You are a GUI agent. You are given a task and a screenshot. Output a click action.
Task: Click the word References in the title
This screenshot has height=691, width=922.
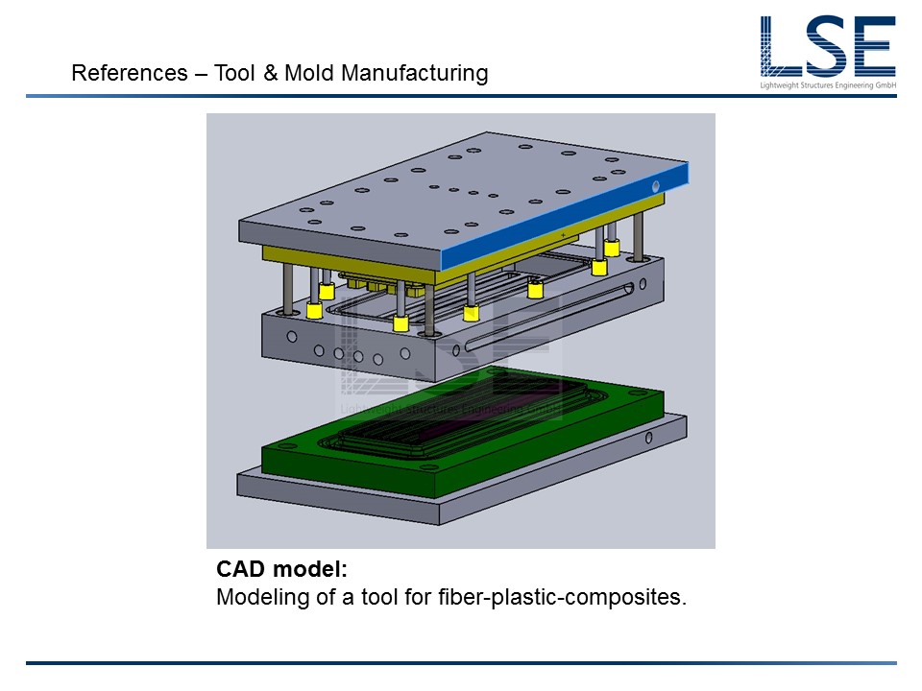click(130, 73)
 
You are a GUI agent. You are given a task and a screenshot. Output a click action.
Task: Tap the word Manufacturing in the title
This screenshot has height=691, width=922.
click(415, 74)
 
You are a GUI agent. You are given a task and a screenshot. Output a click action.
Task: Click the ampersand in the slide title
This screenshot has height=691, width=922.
click(270, 73)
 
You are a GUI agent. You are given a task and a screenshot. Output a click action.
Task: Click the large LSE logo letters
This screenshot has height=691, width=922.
click(827, 46)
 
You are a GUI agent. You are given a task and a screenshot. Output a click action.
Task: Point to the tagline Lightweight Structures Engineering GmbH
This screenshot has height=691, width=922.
click(828, 85)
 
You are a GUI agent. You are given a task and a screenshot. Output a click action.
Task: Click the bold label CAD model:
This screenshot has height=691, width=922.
click(281, 569)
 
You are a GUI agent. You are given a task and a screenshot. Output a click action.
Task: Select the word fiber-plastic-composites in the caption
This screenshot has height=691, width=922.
click(562, 597)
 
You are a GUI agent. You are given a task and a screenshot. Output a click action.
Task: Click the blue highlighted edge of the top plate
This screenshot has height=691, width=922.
click(565, 216)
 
